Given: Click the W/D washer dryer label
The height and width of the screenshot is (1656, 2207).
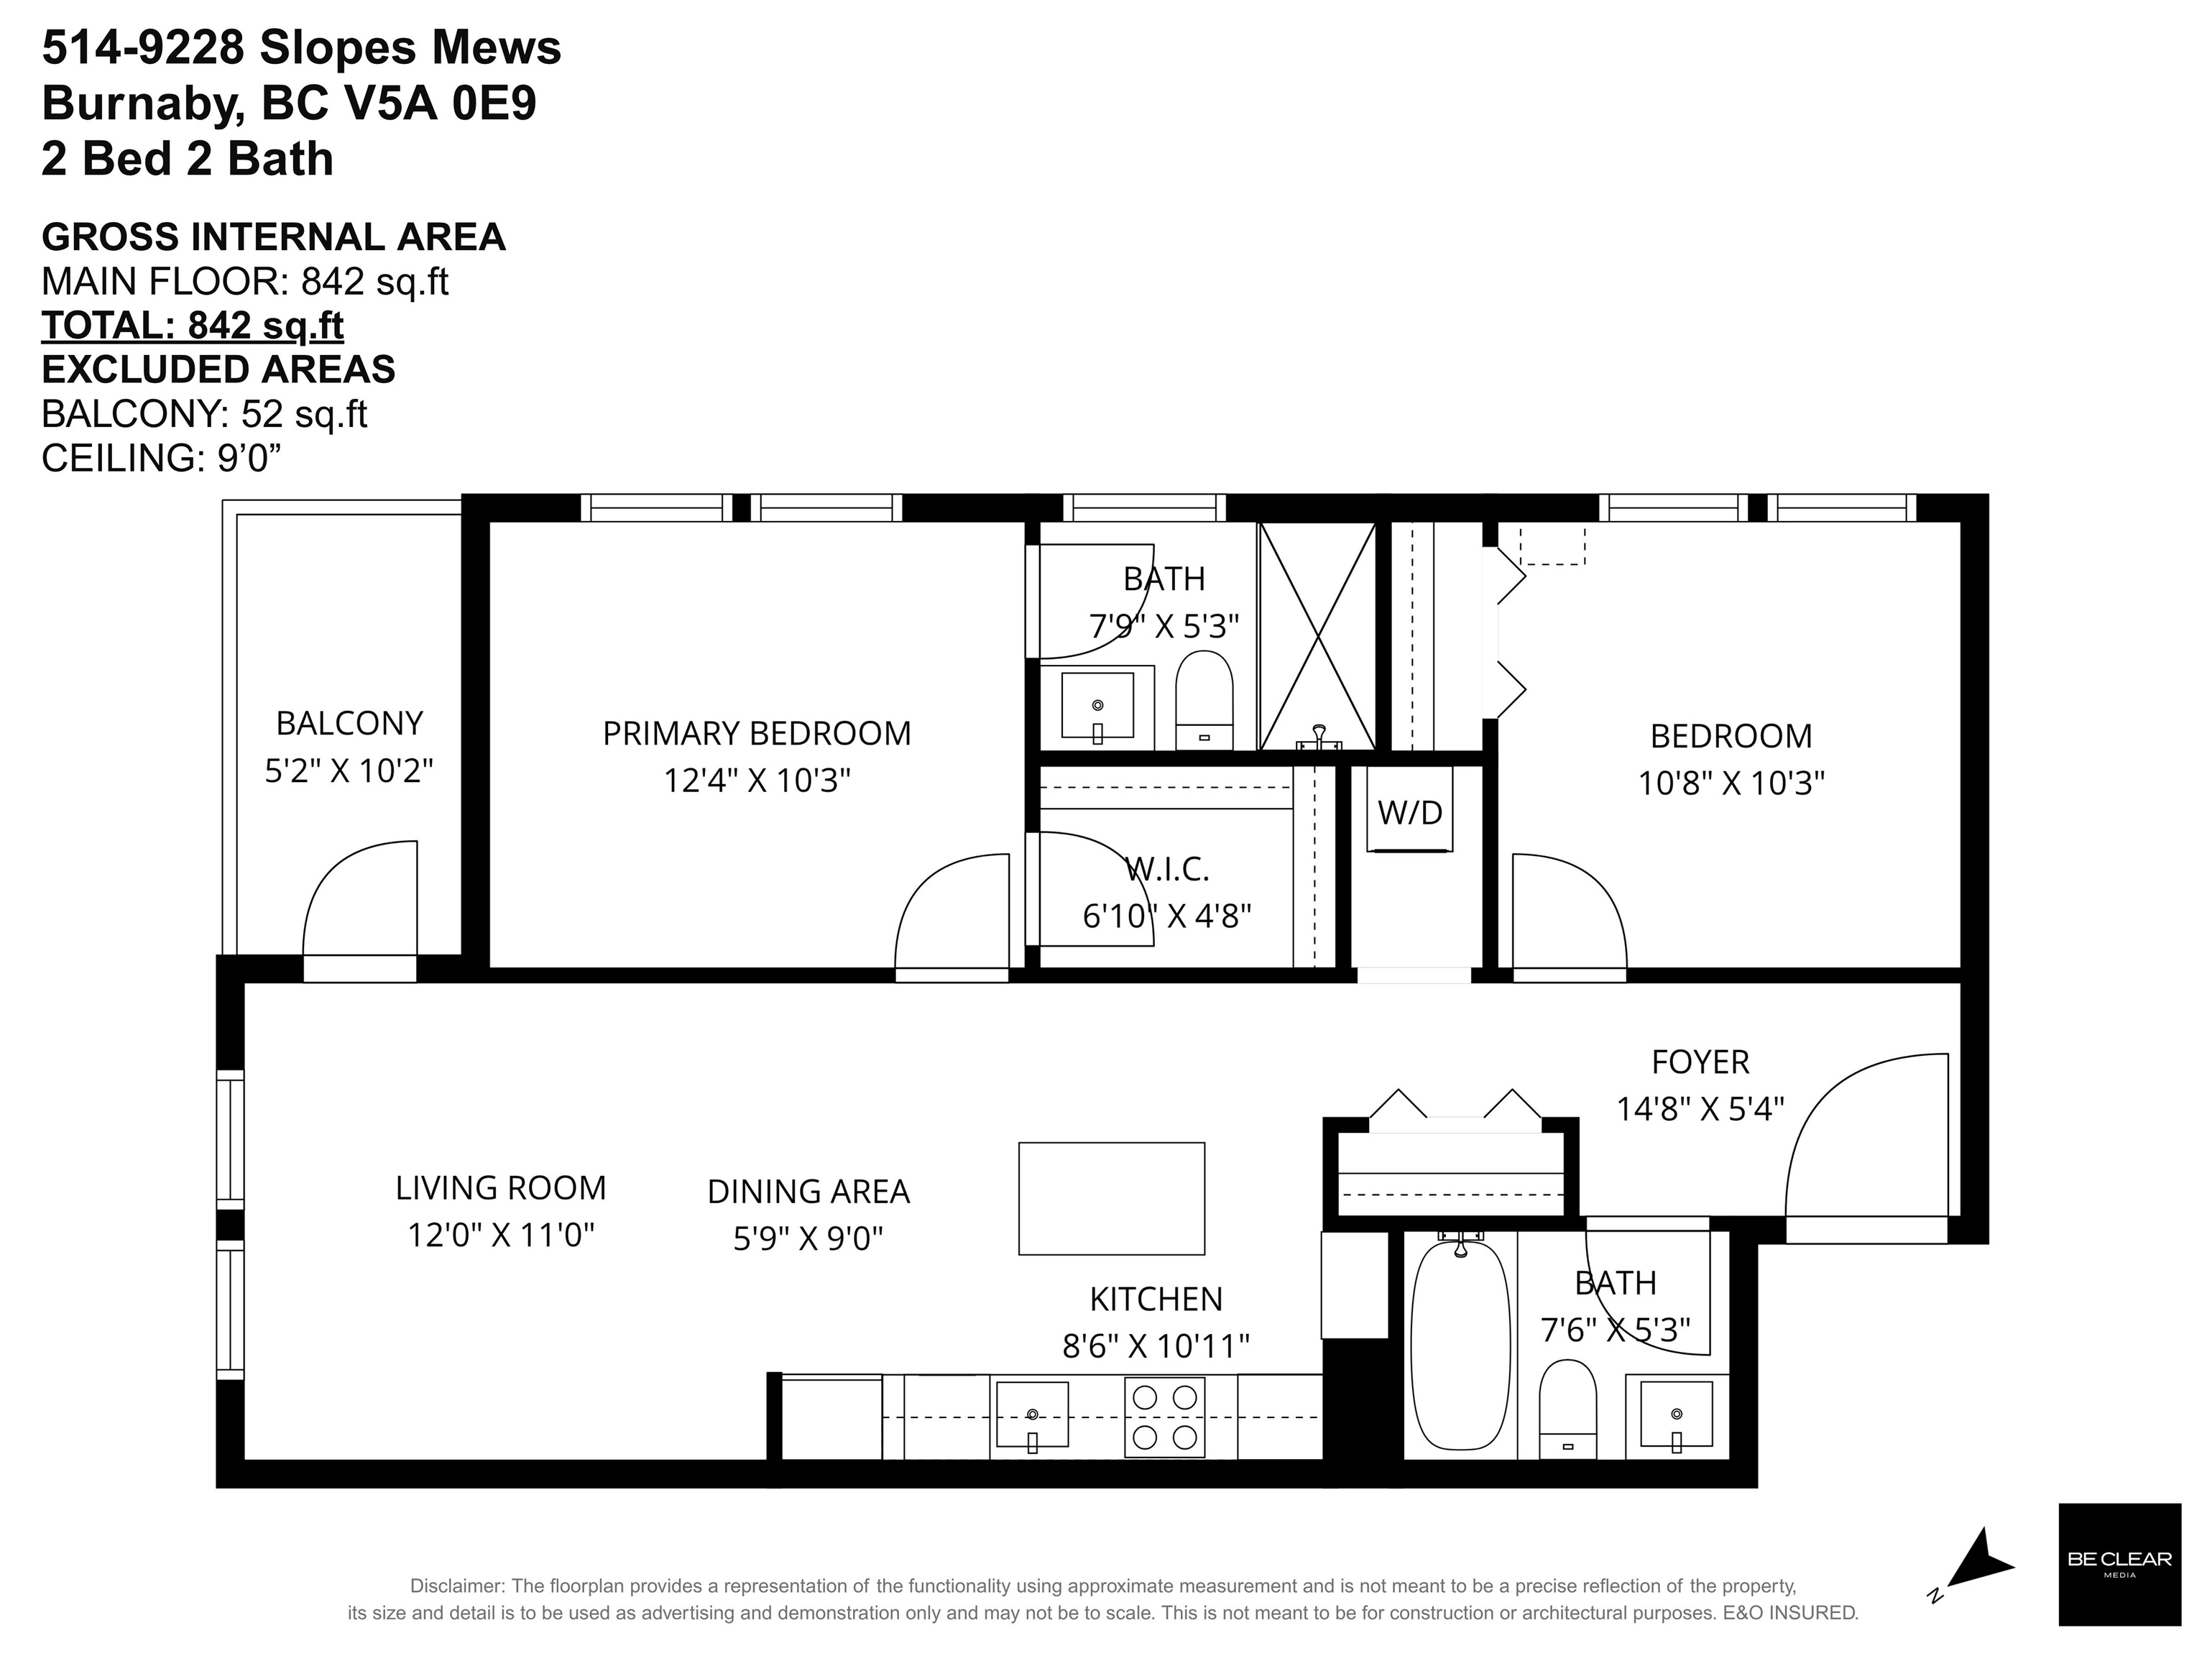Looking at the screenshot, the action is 1410,812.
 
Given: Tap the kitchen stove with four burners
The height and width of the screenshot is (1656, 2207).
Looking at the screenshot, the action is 1164,1417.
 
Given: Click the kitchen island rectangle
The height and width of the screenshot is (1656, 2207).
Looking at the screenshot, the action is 1112,1198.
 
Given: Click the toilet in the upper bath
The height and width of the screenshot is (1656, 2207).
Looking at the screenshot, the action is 1204,700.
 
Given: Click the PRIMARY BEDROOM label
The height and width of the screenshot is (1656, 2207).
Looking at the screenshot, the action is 757,733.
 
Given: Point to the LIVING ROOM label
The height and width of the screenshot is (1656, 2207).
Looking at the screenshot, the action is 501,1187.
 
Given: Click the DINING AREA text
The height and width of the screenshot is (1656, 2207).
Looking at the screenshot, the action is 808,1191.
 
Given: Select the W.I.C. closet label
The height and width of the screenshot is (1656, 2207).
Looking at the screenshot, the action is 1167,869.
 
